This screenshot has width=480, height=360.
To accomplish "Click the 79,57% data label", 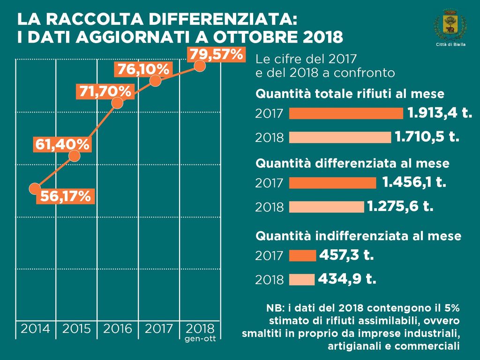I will pos(216,55).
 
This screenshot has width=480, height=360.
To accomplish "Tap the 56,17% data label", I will pos(65,196).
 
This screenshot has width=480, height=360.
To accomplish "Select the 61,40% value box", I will pos(61,145).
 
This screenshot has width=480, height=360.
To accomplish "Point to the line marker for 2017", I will pos(155,81).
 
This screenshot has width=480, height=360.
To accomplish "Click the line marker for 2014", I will pos(34,188).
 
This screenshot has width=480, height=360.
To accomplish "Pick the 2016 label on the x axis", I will pos(117,328).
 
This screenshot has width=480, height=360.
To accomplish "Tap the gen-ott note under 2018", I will pos(201,338).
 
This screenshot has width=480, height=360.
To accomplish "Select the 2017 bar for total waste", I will pos(346,113).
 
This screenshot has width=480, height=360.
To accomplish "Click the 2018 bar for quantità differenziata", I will pos(326,207).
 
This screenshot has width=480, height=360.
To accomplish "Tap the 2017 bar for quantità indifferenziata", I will pos(302,255).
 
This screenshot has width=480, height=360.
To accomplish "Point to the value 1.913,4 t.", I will pos(439,113).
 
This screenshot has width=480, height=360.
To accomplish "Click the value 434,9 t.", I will pos(347,279).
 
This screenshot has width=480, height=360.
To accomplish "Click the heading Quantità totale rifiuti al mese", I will pos(349,94).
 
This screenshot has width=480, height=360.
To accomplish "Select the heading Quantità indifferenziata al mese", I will pos(358,236).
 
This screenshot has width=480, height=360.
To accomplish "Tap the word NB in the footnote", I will pos(274,308).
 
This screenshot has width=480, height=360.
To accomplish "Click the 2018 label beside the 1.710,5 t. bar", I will pos(270,138).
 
